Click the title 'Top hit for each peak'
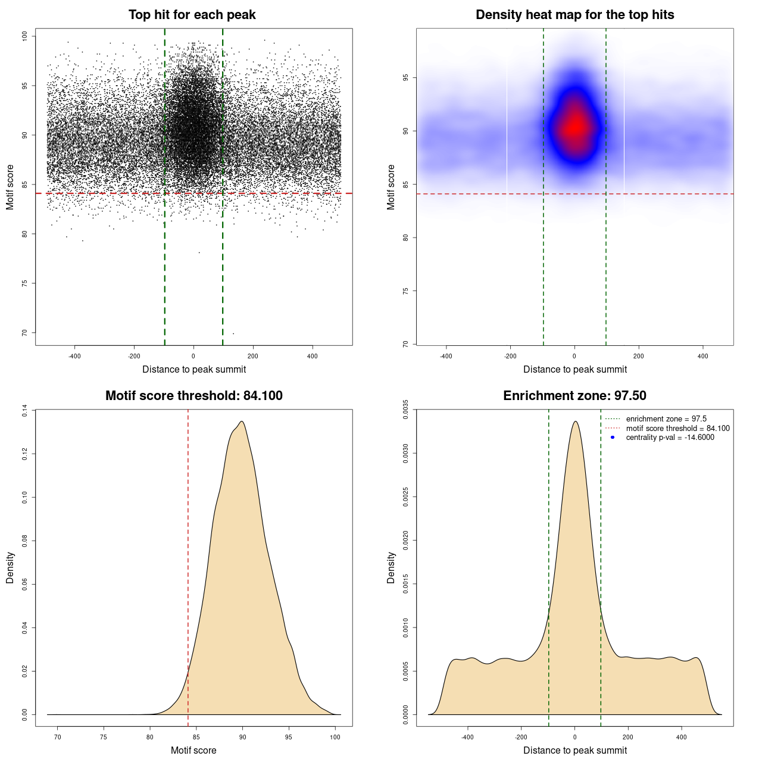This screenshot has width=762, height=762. tap(192, 15)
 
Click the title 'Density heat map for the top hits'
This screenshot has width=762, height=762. tap(574, 15)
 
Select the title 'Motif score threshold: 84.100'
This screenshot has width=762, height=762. tap(193, 396)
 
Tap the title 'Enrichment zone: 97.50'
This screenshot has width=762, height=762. tap(574, 396)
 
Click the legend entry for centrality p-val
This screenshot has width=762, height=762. tap(670, 438)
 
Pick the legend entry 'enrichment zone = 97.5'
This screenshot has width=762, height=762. tap(666, 419)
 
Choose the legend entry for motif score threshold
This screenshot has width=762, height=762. tap(677, 429)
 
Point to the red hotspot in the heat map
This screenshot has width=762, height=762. tap(576, 126)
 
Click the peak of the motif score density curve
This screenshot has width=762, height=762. tap(242, 421)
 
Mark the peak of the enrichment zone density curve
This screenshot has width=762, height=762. tap(575, 421)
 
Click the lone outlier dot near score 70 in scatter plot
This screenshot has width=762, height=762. tap(233, 333)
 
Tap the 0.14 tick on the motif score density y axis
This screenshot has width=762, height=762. tap(25, 410)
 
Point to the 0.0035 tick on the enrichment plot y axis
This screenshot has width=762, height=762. tap(406, 410)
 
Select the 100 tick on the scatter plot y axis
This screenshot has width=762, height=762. tap(25, 36)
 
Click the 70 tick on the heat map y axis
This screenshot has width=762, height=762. tap(406, 344)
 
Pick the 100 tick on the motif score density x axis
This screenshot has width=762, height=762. tap(335, 737)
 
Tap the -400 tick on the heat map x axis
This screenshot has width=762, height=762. tap(446, 356)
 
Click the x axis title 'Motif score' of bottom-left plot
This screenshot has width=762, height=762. tap(193, 750)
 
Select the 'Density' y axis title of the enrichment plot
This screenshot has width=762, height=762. tap(391, 567)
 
